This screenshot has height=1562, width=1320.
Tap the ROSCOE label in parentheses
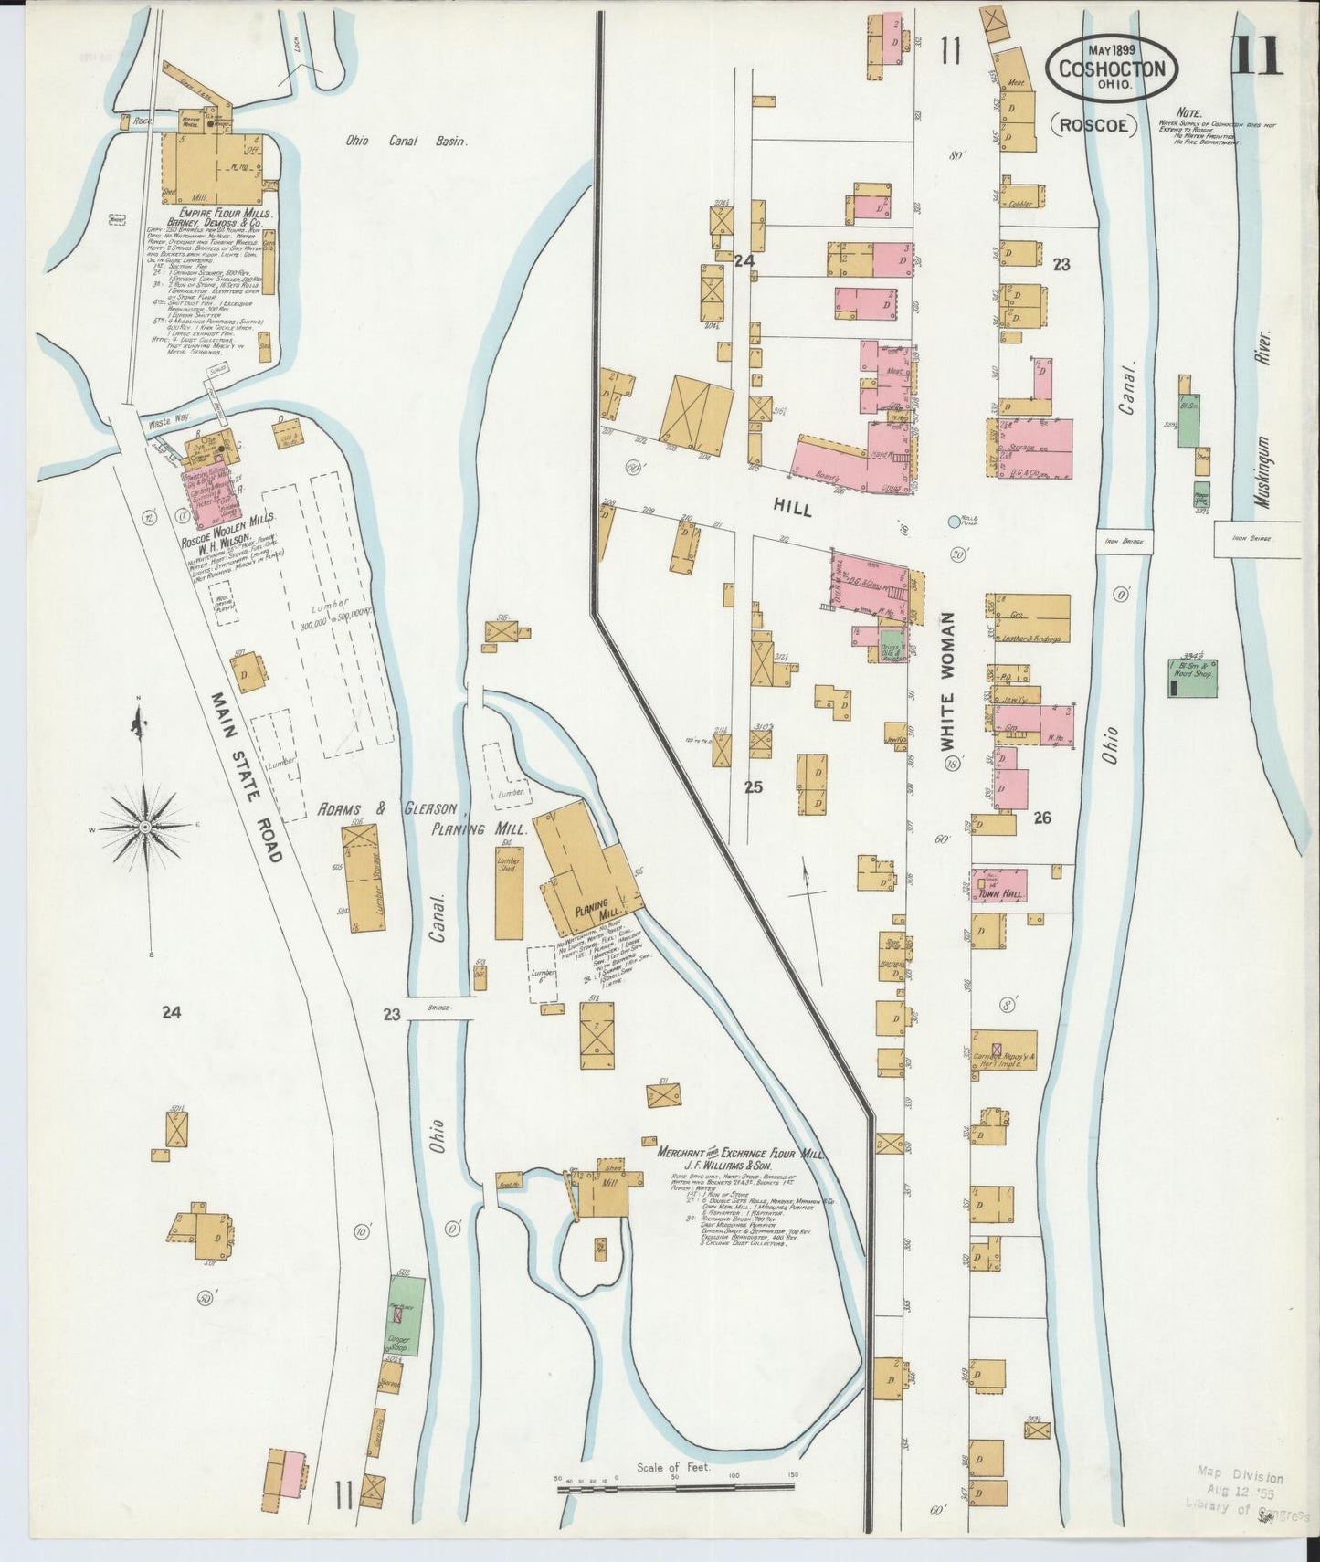point(1093,125)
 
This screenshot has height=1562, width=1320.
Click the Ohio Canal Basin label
point(406,142)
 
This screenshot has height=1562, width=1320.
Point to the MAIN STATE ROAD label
point(247,776)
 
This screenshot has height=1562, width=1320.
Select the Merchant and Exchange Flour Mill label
point(742,1155)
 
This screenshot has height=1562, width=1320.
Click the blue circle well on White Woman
point(955,522)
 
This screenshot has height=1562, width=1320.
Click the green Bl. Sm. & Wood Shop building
point(1192,678)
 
